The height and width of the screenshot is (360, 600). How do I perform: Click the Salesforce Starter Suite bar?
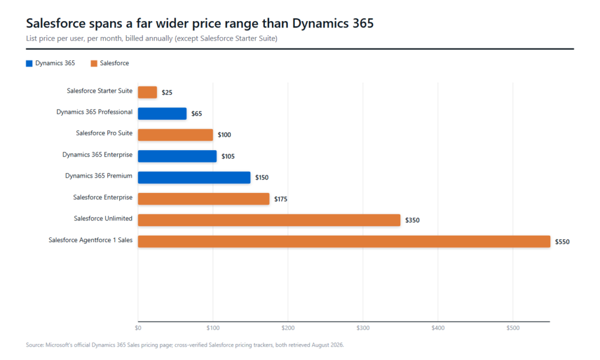coord(147,92)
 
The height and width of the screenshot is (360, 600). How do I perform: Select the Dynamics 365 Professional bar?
coord(162,113)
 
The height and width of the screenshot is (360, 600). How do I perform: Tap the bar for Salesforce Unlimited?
coord(269,220)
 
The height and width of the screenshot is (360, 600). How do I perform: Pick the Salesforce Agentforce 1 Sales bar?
coord(344,242)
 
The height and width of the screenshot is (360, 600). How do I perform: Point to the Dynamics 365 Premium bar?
coord(194,177)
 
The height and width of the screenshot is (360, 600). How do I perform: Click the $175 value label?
coord(281,199)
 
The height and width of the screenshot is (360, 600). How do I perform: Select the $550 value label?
coord(562,242)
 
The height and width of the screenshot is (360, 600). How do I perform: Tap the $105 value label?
coord(228,157)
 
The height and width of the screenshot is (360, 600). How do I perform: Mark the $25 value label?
coord(167,93)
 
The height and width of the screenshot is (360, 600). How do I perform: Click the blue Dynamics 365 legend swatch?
coord(29,63)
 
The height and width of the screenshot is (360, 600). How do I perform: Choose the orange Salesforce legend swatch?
coord(94,63)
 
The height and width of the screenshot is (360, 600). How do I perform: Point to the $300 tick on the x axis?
coord(363,328)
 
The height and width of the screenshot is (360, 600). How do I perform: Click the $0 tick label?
coord(138,328)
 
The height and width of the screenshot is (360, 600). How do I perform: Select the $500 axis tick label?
coord(513,328)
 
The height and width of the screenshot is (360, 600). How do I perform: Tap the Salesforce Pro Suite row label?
coord(104,133)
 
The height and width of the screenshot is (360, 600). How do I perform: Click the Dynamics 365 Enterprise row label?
coord(97,154)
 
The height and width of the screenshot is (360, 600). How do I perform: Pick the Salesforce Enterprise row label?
coord(103,197)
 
